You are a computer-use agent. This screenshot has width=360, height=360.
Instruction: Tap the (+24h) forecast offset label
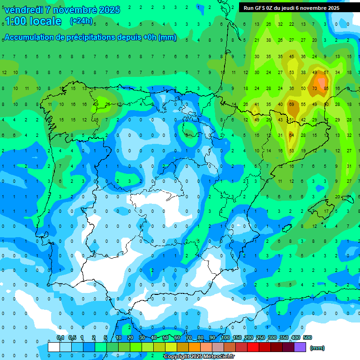click(81, 21)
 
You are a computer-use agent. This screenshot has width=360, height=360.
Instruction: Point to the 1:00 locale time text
click(33, 21)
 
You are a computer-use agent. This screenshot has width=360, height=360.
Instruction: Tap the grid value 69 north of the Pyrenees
click(292, 104)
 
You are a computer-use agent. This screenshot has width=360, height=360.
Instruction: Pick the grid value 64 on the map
click(292, 135)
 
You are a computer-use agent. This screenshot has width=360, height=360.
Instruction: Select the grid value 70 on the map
click(315, 89)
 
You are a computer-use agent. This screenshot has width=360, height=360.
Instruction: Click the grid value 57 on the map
click(326, 73)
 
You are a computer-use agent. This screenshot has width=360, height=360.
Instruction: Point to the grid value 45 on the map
click(292, 57)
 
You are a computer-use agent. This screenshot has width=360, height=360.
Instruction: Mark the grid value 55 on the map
click(303, 104)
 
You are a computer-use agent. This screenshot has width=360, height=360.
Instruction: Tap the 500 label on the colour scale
click(307, 337)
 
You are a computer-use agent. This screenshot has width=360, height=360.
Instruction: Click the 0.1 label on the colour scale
click(60, 337)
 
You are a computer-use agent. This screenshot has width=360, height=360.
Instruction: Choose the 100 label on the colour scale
click(225, 337)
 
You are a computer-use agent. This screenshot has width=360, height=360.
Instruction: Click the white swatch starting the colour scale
click(54, 347)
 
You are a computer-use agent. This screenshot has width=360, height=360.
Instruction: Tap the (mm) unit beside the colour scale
click(317, 348)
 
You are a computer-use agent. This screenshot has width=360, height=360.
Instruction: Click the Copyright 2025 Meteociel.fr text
click(199, 357)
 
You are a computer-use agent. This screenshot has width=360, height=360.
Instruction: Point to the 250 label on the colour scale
click(261, 337)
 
